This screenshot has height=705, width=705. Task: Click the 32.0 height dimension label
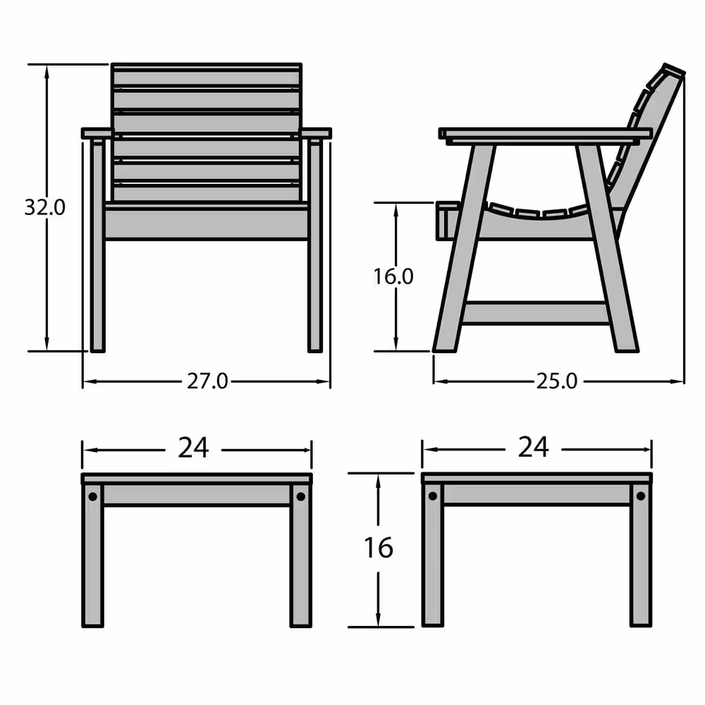[x=44, y=207]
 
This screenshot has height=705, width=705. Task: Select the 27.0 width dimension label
[x=208, y=381]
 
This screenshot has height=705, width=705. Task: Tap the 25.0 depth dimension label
[x=557, y=381]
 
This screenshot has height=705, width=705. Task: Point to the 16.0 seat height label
[x=393, y=276]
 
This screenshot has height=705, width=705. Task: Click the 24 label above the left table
[x=193, y=448]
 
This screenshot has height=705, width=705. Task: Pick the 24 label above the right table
[x=534, y=447]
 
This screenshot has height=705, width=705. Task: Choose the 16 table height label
[x=379, y=548]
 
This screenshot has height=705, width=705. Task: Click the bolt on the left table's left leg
[x=92, y=497]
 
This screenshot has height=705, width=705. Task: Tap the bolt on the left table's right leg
[x=301, y=497]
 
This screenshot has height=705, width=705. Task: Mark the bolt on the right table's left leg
[x=433, y=496]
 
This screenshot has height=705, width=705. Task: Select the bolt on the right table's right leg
[x=641, y=496]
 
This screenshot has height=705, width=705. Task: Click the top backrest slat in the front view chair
[x=207, y=75]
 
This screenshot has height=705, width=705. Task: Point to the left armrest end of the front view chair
[x=97, y=133]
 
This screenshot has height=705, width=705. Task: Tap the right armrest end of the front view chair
[x=316, y=133]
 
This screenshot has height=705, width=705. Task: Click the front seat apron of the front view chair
[x=207, y=222]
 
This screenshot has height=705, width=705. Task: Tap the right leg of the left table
[x=301, y=555]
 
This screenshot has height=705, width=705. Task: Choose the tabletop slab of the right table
[x=537, y=478]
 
